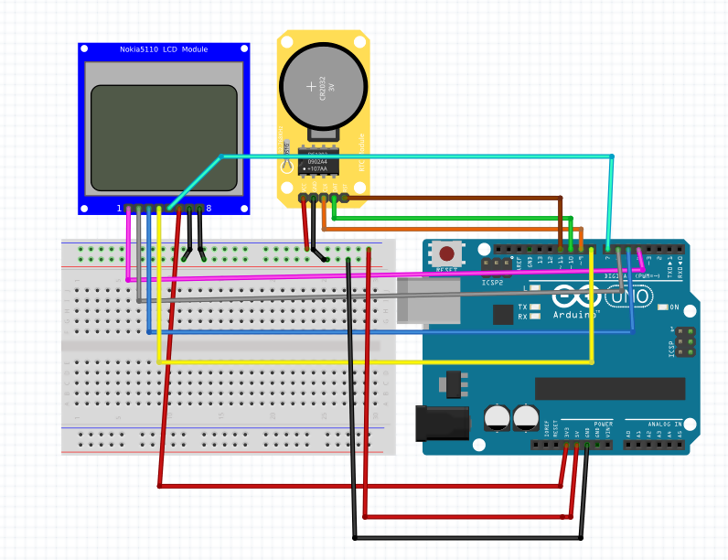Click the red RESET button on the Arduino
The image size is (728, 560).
point(446,253)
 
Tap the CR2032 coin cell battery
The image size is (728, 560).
point(323,88)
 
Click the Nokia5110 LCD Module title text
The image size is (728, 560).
point(164,49)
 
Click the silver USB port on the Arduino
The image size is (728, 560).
point(429,300)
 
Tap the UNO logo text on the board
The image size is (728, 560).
point(629,297)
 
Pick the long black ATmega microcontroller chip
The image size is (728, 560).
point(609,388)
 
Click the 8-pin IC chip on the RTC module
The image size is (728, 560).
point(316,163)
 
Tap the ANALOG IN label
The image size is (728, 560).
point(665,424)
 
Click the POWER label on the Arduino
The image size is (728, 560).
point(603,424)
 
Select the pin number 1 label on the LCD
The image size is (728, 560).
point(119,209)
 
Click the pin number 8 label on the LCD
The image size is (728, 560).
point(209,209)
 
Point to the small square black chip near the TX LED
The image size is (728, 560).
point(503,315)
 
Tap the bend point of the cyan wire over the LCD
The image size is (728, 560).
point(220,156)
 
